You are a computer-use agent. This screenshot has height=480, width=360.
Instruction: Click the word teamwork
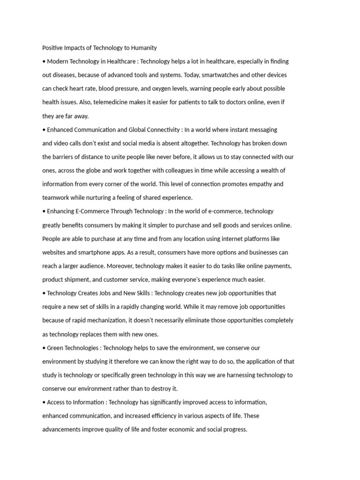pos(55,198)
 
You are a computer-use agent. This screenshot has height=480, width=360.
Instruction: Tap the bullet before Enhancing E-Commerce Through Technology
pos(44,211)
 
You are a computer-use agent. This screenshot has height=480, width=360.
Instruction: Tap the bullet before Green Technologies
pos(44,348)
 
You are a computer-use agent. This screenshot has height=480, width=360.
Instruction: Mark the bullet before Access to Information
pos(44,403)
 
